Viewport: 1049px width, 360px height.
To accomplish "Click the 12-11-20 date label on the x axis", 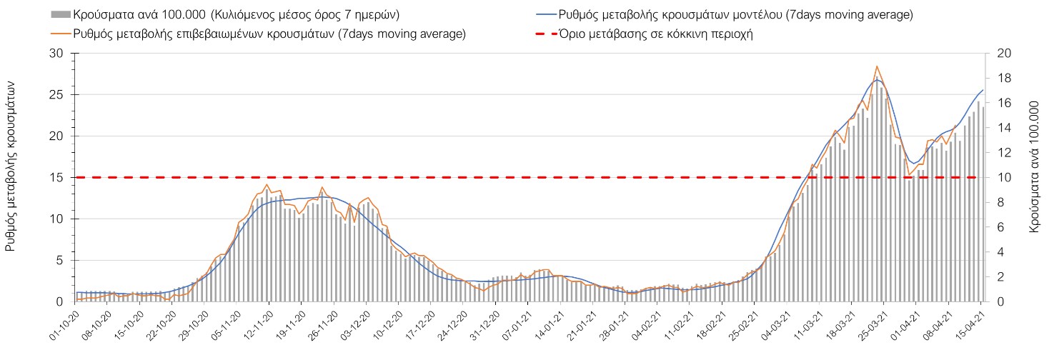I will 258,326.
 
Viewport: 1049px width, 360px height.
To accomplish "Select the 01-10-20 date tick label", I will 64,326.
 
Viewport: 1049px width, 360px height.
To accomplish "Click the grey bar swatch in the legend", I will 61,14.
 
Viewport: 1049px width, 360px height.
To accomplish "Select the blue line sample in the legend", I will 547,14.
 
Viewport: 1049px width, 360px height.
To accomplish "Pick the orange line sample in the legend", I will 61,34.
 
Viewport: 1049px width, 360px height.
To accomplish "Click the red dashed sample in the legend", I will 547,34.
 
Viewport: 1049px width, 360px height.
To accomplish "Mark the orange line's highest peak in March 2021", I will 877,66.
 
